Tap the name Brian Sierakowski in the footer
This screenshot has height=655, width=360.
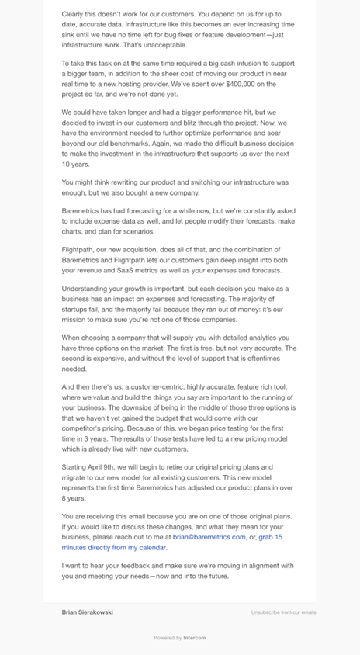click(x=88, y=612)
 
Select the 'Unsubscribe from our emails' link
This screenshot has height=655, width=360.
click(x=283, y=612)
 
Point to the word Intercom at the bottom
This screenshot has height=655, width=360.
click(x=195, y=638)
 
